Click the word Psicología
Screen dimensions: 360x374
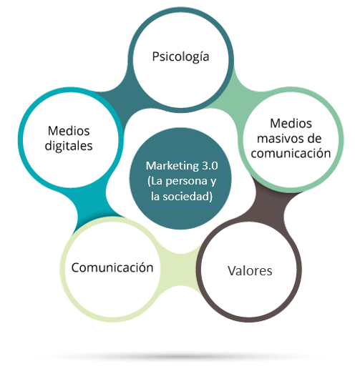click(x=180, y=57)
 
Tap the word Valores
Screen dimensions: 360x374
click(x=250, y=271)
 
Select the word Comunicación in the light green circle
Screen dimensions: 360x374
click(x=112, y=267)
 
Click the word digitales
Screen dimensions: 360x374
click(x=69, y=146)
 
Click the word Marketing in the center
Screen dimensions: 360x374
click(x=172, y=166)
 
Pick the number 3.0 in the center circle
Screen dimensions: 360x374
click(x=210, y=166)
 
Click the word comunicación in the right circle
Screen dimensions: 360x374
click(x=291, y=153)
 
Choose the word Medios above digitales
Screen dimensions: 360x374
click(x=69, y=131)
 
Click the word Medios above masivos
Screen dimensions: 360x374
click(x=291, y=124)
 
